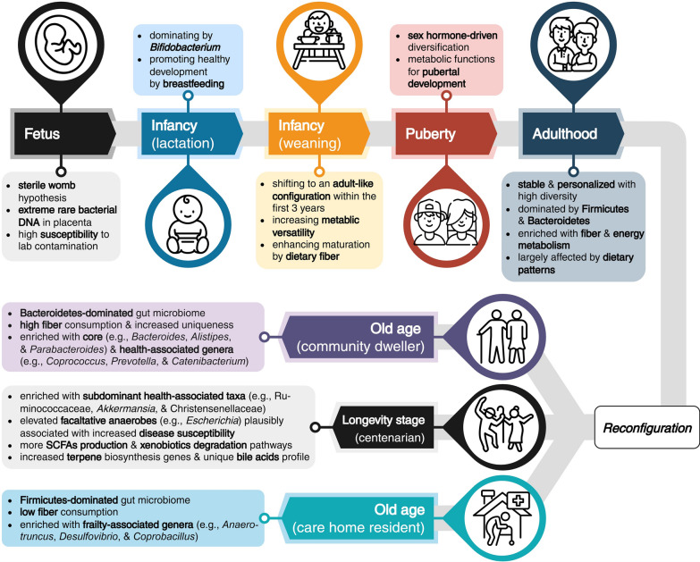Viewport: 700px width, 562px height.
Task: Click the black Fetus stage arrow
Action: pyautogui.click(x=63, y=133)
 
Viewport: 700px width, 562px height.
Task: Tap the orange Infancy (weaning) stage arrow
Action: pyautogui.click(x=318, y=133)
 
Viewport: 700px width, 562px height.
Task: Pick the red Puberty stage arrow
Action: pyautogui.click(x=444, y=133)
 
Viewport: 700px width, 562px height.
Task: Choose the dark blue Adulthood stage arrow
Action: pyautogui.click(x=572, y=133)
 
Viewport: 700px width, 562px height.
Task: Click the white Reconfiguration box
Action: pyautogui.click(x=647, y=427)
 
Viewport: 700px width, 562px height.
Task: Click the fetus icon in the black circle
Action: pyautogui.click(x=61, y=45)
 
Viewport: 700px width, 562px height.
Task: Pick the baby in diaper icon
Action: pyautogui.click(x=188, y=224)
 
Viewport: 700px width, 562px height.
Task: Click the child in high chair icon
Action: pyautogui.click(x=319, y=40)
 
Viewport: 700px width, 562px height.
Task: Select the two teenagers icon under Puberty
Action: pyautogui.click(x=445, y=222)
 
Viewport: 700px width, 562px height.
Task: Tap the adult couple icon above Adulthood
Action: pyautogui.click(x=574, y=45)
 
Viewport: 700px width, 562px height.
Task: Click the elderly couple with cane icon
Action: pyautogui.click(x=503, y=336)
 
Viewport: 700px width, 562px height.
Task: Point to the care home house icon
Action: pyautogui.click(x=503, y=517)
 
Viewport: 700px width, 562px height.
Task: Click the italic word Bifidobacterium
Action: pyautogui.click(x=185, y=47)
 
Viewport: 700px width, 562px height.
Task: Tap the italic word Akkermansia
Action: pyautogui.click(x=126, y=408)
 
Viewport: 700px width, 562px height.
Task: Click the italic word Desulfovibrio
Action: pyautogui.click(x=90, y=536)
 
